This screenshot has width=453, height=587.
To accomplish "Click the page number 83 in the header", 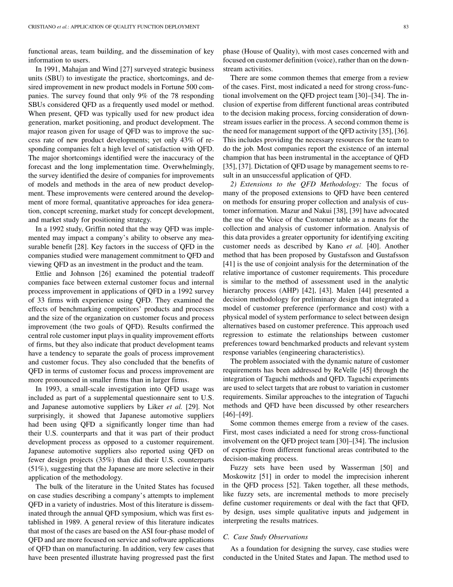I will pyautogui.click(x=406, y=27).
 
